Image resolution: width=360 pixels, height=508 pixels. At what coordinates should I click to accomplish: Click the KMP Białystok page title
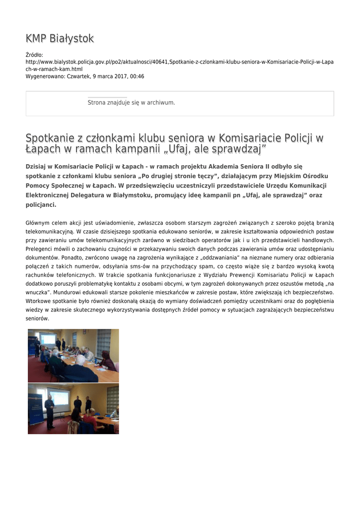(x=60, y=39)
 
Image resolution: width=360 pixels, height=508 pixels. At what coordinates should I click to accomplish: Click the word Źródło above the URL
(x=34, y=55)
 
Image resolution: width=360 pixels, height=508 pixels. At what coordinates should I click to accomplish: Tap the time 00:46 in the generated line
(x=138, y=76)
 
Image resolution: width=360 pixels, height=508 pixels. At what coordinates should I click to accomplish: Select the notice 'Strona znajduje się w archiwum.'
(x=131, y=103)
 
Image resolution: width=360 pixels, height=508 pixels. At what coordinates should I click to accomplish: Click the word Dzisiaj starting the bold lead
(x=38, y=166)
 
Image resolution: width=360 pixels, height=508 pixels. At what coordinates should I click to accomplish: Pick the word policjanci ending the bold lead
(x=41, y=204)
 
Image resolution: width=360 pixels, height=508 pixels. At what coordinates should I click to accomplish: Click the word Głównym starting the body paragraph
(x=38, y=223)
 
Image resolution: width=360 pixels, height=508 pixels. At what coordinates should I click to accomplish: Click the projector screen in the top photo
(x=48, y=340)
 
